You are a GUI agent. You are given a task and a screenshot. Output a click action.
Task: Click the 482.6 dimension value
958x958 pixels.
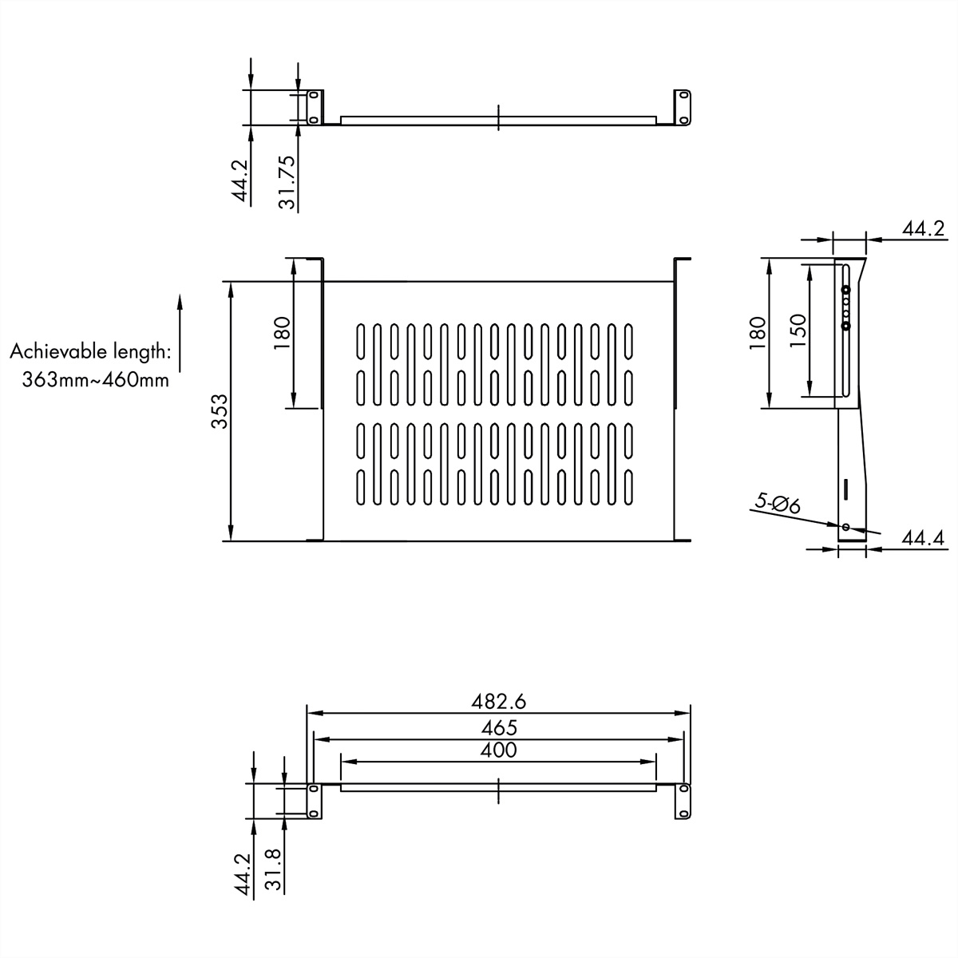pyautogui.click(x=498, y=702)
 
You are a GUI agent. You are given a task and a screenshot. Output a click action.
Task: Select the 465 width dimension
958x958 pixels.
pyautogui.click(x=498, y=727)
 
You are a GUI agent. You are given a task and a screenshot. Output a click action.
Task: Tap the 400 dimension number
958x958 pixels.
pyautogui.click(x=498, y=750)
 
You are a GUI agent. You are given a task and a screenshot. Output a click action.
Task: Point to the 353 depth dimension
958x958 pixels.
pyautogui.click(x=220, y=411)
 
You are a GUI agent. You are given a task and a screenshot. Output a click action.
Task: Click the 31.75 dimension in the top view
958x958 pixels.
pyautogui.click(x=288, y=182)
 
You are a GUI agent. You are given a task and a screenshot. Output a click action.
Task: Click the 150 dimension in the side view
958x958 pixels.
pyautogui.click(x=798, y=331)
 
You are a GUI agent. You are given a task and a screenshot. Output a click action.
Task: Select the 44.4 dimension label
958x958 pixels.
pyautogui.click(x=923, y=539)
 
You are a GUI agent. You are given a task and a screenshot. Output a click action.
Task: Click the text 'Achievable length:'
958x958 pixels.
pyautogui.click(x=89, y=351)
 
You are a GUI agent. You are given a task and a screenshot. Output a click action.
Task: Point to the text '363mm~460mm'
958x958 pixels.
pyautogui.click(x=96, y=379)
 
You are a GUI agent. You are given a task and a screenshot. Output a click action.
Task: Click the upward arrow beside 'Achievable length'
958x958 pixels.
pyautogui.click(x=179, y=333)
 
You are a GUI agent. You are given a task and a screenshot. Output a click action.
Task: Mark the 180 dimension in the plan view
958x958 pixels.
pyautogui.click(x=282, y=333)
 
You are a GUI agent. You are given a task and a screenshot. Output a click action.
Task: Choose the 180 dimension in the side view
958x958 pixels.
pyautogui.click(x=758, y=333)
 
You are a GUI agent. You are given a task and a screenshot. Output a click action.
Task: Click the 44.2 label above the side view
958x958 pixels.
pyautogui.click(x=924, y=229)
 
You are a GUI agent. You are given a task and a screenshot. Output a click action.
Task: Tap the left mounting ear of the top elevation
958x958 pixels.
pyautogui.click(x=314, y=107)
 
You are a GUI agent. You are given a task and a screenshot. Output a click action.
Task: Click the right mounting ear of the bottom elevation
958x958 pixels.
pyautogui.click(x=683, y=801)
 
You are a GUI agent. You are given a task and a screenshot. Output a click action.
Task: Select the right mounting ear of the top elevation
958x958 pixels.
pyautogui.click(x=683, y=107)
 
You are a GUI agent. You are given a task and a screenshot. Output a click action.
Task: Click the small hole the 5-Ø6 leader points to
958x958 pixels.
pyautogui.click(x=845, y=527)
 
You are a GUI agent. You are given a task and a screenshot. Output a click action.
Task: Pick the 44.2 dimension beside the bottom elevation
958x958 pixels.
pyautogui.click(x=242, y=875)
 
